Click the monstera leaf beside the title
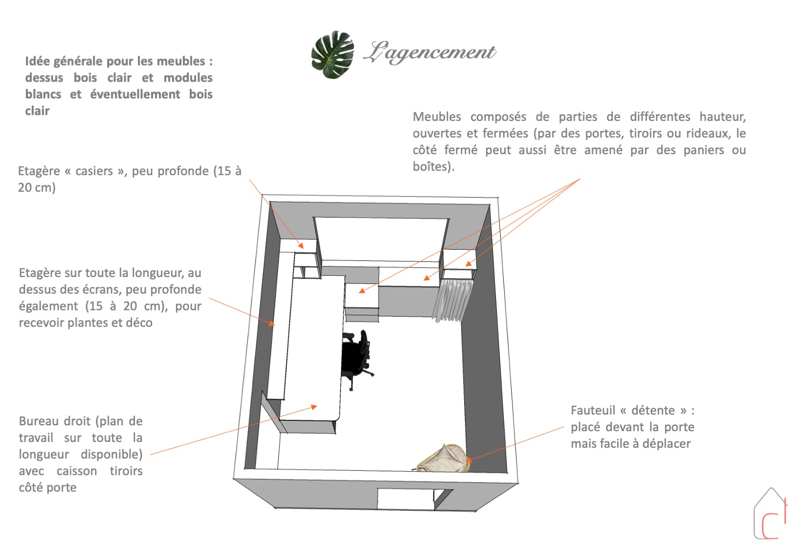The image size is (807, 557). pyautogui.click(x=333, y=55)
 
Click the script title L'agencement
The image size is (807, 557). pyautogui.click(x=430, y=53)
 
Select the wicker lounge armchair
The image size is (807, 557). pyautogui.click(x=443, y=458)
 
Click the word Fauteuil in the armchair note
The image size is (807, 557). pyautogui.click(x=592, y=410)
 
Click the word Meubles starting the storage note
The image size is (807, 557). pyautogui.click(x=437, y=117)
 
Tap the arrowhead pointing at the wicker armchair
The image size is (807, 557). pyautogui.click(x=469, y=460)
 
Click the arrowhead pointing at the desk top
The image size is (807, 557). pyautogui.click(x=314, y=407)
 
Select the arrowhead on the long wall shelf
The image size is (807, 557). pyautogui.click(x=272, y=323)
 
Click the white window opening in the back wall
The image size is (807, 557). pyautogui.click(x=381, y=239)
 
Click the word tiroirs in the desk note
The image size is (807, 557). pyautogui.click(x=126, y=471)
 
